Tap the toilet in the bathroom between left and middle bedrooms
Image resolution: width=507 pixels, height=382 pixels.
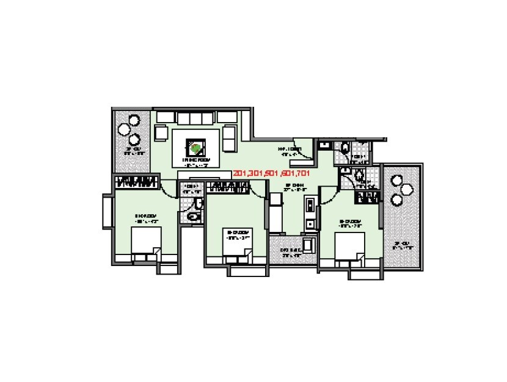click(x=195, y=215)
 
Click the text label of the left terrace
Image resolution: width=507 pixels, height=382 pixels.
click(x=133, y=151)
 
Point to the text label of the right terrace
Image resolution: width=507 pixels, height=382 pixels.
click(x=401, y=246)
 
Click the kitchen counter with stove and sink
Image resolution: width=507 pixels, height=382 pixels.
click(x=311, y=214)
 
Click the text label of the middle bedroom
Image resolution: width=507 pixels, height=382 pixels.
click(x=236, y=235)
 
